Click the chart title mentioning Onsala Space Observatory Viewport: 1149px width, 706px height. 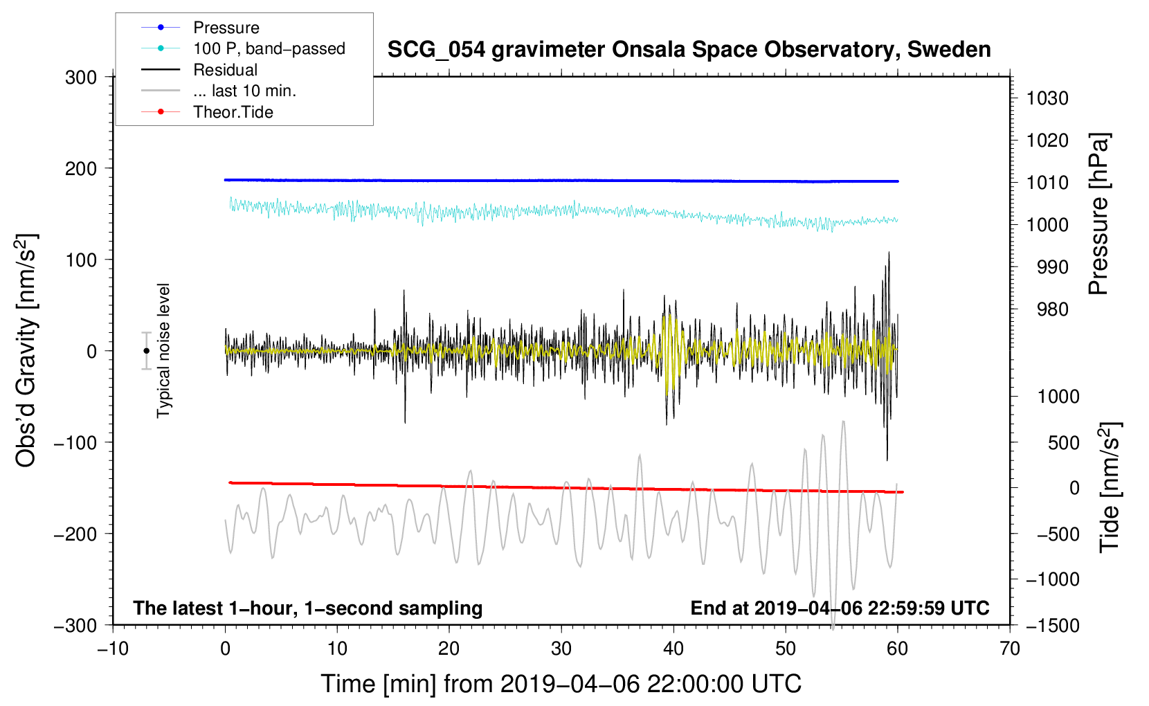click(689, 50)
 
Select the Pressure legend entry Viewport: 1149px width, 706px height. click(226, 28)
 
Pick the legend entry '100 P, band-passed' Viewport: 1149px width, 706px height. click(269, 48)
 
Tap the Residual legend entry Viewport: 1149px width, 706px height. click(225, 70)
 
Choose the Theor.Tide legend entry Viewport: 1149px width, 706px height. click(233, 112)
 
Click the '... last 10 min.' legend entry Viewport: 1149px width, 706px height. click(244, 91)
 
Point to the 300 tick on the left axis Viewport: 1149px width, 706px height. click(81, 78)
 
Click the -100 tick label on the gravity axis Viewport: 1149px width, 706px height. click(75, 442)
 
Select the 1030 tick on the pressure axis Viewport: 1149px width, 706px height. click(1047, 98)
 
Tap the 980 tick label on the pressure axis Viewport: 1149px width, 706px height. click(1052, 309)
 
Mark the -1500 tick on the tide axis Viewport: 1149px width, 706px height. click(1052, 625)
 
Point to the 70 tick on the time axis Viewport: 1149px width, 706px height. click(1010, 649)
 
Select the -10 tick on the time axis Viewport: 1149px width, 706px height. click(113, 649)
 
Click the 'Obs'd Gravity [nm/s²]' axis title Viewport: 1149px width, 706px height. click(26, 351)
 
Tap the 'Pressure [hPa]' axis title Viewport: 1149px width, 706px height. click(1098, 215)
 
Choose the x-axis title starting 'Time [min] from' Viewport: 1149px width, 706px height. click(561, 684)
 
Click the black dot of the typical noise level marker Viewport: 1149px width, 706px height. click(146, 351)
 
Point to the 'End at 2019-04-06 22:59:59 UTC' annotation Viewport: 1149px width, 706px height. click(840, 608)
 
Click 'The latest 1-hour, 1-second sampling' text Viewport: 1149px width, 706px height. click(308, 608)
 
